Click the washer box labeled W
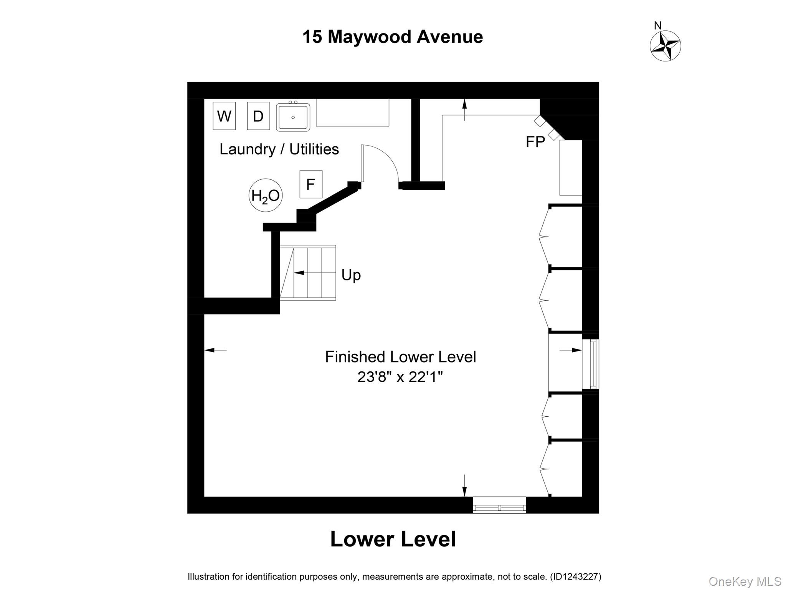click(224, 116)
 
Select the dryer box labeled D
click(258, 116)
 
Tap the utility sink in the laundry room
click(293, 117)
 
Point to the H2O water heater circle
click(266, 196)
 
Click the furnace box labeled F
click(311, 184)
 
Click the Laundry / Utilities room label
click(279, 149)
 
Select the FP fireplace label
click(535, 142)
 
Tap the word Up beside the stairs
click(351, 275)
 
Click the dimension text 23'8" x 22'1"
click(400, 377)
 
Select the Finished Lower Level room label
click(400, 357)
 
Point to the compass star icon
click(665, 46)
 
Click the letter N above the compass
click(658, 26)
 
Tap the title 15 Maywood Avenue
click(393, 37)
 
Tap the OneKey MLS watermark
click(745, 581)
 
